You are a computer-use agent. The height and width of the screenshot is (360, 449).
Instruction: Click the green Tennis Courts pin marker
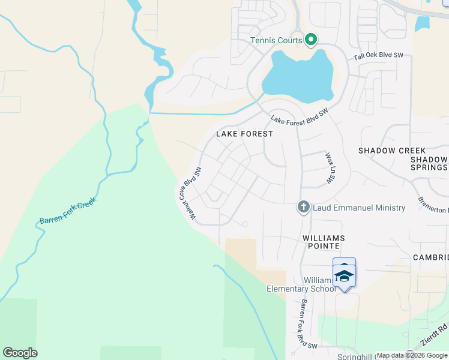tap(311, 40)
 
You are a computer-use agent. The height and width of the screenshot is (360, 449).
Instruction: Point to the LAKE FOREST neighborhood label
tap(248, 134)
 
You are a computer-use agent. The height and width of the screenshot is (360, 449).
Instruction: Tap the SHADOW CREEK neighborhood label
tap(392, 151)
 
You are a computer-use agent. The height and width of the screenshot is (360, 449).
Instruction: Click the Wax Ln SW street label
tap(329, 167)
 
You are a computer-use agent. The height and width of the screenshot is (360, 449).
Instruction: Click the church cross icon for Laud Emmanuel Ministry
tap(304, 208)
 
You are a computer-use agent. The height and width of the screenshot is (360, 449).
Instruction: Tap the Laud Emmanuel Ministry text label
tap(359, 208)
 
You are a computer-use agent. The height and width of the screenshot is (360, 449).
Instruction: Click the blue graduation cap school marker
tap(345, 276)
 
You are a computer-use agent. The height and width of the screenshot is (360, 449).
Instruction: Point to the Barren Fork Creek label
tap(68, 212)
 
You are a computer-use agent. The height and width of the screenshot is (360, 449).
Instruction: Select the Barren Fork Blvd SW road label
tap(309, 324)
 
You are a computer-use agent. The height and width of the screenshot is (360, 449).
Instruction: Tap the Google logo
tap(20, 353)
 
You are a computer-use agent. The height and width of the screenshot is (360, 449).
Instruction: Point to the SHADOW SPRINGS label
tap(429, 164)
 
